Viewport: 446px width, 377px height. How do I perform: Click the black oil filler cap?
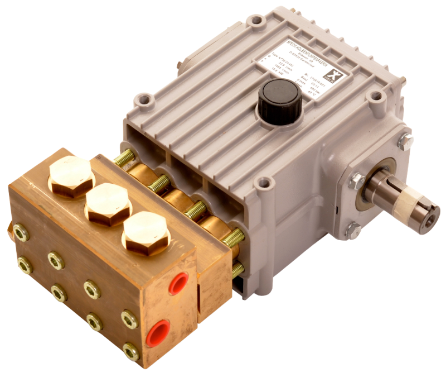click(x=279, y=96)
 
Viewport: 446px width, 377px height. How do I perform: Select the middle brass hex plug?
click(x=107, y=204)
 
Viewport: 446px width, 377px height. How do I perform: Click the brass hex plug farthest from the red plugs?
click(x=71, y=174)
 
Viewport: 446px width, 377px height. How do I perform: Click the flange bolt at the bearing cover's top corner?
click(x=406, y=141)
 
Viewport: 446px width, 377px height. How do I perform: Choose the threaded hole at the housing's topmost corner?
click(x=256, y=21)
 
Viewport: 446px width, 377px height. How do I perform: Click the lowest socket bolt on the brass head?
click(x=131, y=352)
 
